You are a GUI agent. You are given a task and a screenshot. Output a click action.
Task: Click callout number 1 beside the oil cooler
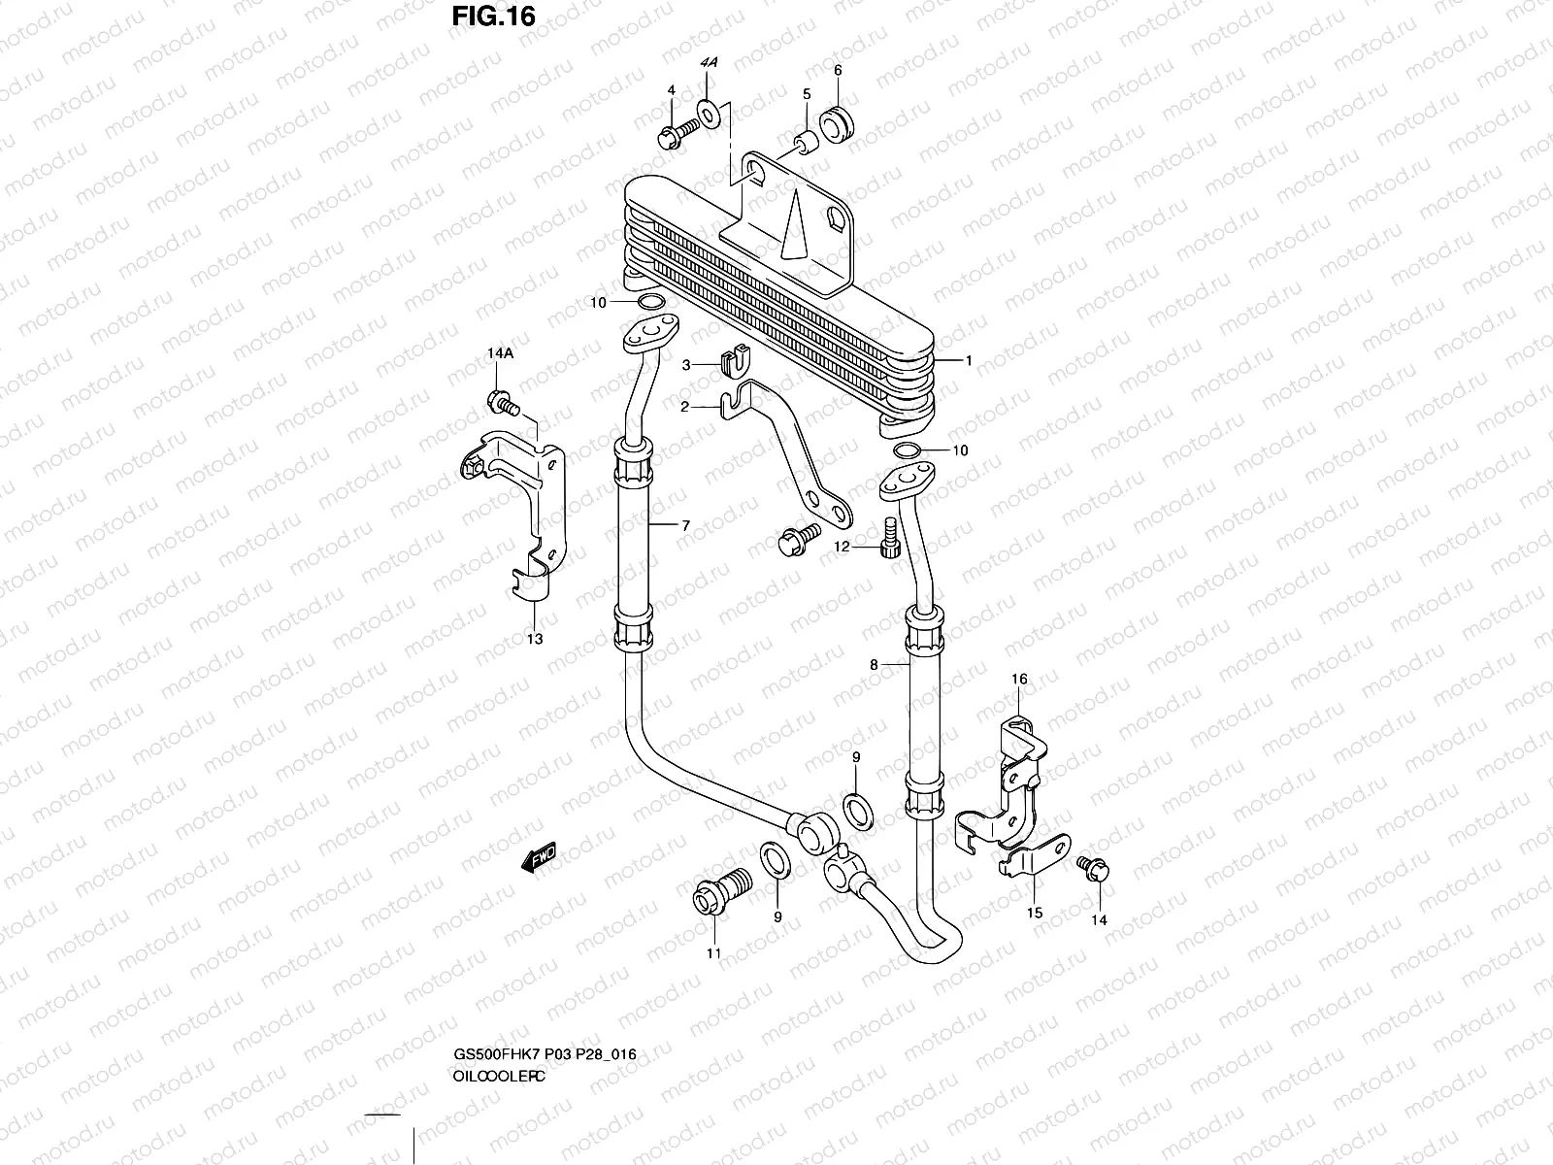pyautogui.click(x=968, y=360)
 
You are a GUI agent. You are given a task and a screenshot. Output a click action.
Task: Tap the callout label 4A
pyautogui.click(x=709, y=61)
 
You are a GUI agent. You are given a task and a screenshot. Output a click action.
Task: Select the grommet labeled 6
pyautogui.click(x=837, y=124)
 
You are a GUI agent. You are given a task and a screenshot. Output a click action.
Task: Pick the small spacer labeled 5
pyautogui.click(x=806, y=142)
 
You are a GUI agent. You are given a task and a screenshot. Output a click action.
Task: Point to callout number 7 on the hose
pyautogui.click(x=685, y=525)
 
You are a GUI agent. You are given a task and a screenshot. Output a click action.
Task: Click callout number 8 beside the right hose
pyautogui.click(x=874, y=665)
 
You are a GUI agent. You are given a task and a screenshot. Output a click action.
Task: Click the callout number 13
pyautogui.click(x=535, y=639)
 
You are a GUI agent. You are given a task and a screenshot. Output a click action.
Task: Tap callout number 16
pyautogui.click(x=1019, y=679)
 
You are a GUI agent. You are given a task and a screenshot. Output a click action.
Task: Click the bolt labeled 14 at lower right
pyautogui.click(x=1093, y=868)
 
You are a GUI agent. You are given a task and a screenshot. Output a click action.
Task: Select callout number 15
pyautogui.click(x=1035, y=912)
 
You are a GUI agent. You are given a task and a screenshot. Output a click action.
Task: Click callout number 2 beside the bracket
pyautogui.click(x=684, y=407)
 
